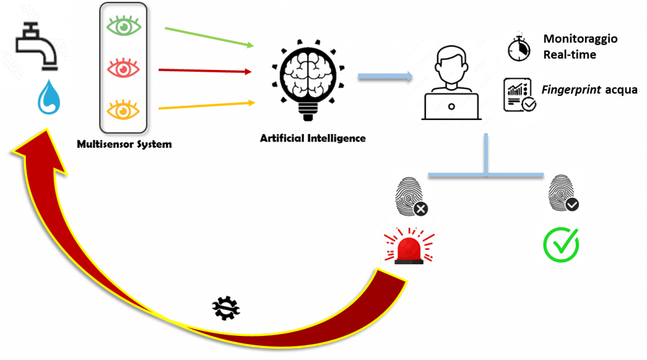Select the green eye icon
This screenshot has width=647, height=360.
pyautogui.click(x=123, y=26)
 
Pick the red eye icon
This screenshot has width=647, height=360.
pyautogui.click(x=123, y=68)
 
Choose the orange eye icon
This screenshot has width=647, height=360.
pyautogui.click(x=123, y=109)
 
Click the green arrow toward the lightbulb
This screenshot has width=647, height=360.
pyautogui.click(x=209, y=37)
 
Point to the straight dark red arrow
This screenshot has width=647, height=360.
pyautogui.click(x=205, y=71)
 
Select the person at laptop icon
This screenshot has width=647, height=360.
pyautogui.click(x=451, y=81)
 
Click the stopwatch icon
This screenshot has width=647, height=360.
pyautogui.click(x=519, y=47)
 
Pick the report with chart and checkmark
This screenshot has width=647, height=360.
pyautogui.click(x=520, y=99)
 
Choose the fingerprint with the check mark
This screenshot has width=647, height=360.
pyautogui.click(x=562, y=193)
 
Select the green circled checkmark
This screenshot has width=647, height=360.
pyautogui.click(x=560, y=243)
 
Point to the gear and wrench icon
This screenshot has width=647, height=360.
pyautogui.click(x=225, y=309)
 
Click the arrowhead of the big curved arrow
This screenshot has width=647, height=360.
pyautogui.click(x=40, y=152)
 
